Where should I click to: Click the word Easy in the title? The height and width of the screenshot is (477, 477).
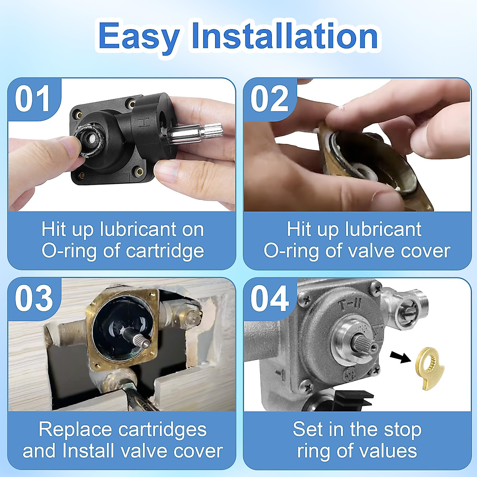point(138,37)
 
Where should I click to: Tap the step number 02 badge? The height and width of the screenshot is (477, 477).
point(269,99)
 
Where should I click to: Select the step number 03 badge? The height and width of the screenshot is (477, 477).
point(33,299)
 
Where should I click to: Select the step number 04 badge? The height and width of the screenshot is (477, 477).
point(269,299)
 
